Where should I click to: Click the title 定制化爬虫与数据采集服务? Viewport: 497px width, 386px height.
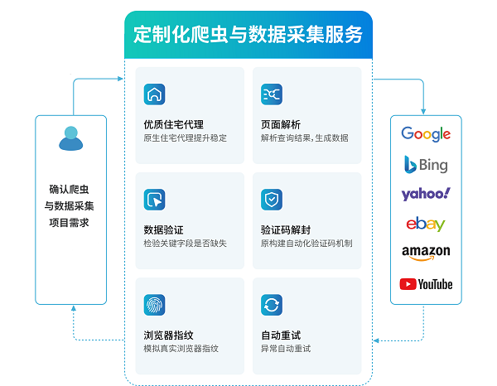[x=248, y=35]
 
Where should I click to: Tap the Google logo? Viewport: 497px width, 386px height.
[x=426, y=134]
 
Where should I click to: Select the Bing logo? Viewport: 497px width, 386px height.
[x=426, y=164]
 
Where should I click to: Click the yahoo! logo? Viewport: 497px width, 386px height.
[x=426, y=194]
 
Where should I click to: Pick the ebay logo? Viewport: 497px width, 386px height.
[x=426, y=224]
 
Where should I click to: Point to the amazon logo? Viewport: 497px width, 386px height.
[x=426, y=253]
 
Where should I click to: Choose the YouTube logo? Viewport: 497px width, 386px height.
[x=426, y=284]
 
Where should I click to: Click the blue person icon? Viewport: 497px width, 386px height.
[x=71, y=138]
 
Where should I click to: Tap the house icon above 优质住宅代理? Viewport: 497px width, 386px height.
[x=154, y=94]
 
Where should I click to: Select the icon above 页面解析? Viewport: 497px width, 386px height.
[x=272, y=94]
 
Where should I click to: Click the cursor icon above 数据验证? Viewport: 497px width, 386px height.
[x=154, y=199]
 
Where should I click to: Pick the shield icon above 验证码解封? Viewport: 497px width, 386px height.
[x=272, y=199]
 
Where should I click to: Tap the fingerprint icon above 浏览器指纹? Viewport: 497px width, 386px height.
[x=154, y=304]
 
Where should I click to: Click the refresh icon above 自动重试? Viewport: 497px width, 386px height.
[x=272, y=304]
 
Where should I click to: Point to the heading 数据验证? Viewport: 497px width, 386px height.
[x=164, y=229]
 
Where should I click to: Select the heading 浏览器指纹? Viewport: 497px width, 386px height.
[x=169, y=335]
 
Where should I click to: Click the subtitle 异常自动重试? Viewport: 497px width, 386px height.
[x=286, y=349]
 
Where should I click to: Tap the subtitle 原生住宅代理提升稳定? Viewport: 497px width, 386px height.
[x=185, y=138]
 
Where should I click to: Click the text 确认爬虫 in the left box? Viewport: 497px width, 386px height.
[x=71, y=188]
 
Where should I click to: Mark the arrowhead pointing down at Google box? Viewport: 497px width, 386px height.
[x=425, y=111]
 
